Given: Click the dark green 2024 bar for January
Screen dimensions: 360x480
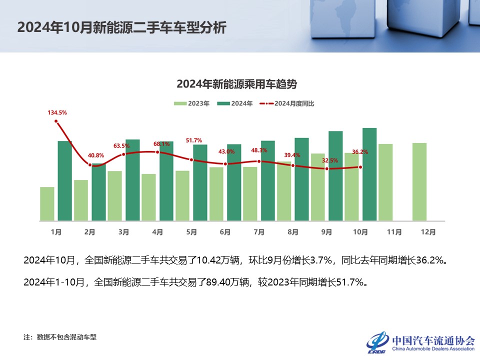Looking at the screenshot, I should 65,180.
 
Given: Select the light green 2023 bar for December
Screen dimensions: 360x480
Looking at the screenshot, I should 419,181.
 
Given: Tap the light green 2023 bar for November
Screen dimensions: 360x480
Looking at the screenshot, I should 385,182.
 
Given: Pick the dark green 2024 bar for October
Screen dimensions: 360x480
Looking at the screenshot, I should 369,174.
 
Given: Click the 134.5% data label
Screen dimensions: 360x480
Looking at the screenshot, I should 57,113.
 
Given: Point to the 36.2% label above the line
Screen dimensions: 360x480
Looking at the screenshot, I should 360,151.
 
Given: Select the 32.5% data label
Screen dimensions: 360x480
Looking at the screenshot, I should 330,160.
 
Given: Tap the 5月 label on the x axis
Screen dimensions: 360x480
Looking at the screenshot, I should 191,232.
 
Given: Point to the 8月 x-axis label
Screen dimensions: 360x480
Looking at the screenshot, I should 293,232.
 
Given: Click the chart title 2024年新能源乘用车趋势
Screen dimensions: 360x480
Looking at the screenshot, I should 240,84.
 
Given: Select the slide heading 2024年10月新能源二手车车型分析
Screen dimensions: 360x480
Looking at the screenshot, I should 121,27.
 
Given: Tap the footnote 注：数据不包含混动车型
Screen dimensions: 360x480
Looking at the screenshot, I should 60,337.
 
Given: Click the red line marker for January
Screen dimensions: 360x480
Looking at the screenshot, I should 56,121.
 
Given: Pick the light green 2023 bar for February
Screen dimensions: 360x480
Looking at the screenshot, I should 81,200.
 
